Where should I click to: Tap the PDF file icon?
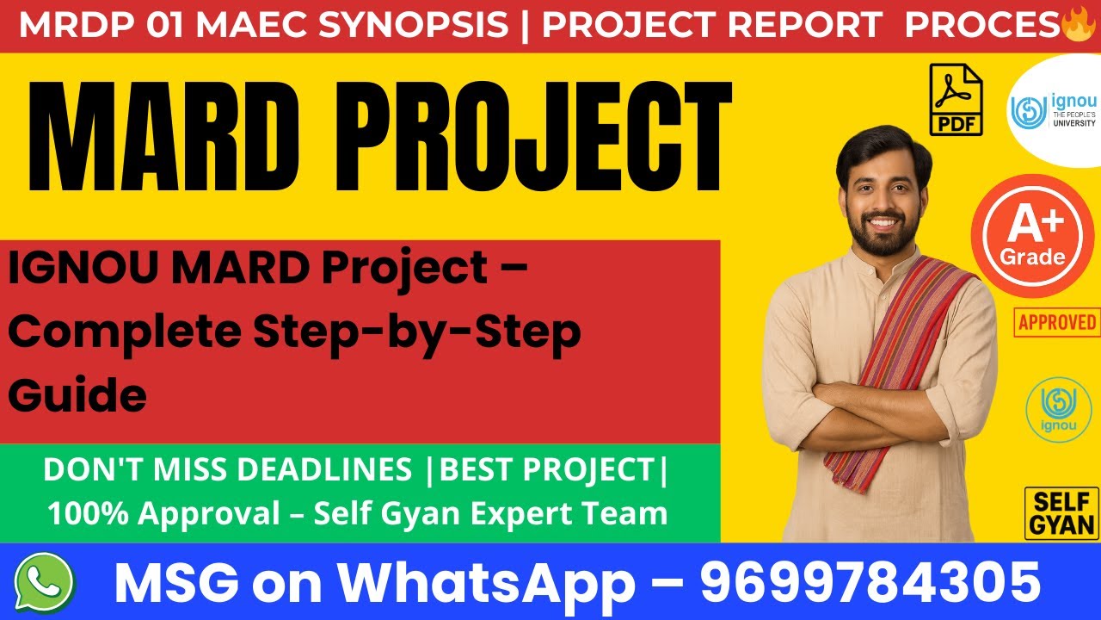pyautogui.click(x=956, y=100)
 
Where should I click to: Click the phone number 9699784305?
pyautogui.click(x=870, y=582)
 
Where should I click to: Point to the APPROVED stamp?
pyautogui.click(x=1057, y=322)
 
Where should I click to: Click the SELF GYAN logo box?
pyautogui.click(x=1061, y=513)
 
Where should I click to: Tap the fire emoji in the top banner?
pyautogui.click(x=1077, y=25)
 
